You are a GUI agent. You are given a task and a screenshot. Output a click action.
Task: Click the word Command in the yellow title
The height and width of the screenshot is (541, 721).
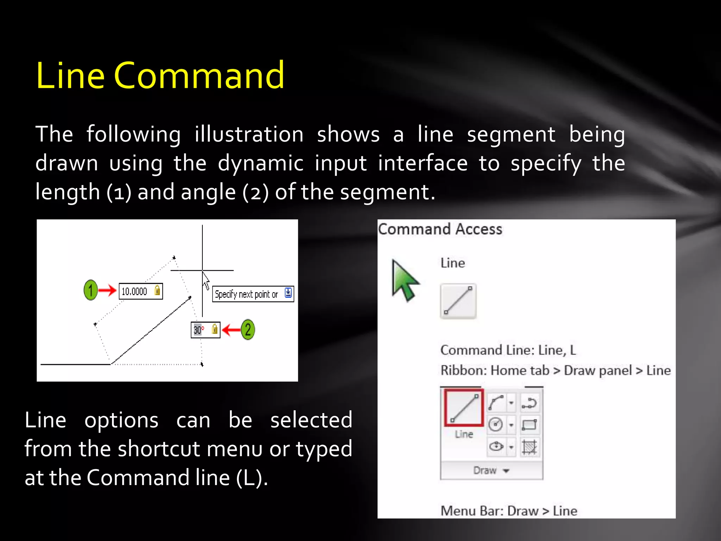pyautogui.click(x=199, y=75)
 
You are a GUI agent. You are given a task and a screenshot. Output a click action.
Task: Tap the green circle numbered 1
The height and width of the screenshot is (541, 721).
pyautogui.click(x=90, y=290)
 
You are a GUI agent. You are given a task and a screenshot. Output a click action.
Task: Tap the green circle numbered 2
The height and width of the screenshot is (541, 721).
pyautogui.click(x=248, y=330)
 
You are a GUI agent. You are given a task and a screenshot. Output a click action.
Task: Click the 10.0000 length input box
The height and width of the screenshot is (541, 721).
pyautogui.click(x=140, y=291)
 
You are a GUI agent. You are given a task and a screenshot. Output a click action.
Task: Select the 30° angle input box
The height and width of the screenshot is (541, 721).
pyautogui.click(x=205, y=330)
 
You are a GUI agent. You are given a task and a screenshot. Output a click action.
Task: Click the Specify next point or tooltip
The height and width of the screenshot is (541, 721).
pyautogui.click(x=252, y=294)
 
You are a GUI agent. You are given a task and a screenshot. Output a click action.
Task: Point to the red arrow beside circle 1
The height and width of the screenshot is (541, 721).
pyautogui.click(x=107, y=290)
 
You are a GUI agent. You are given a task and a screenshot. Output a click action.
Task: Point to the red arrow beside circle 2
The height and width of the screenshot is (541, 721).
pyautogui.click(x=231, y=330)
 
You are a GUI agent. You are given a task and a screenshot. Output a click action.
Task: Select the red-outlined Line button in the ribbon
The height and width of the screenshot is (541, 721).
pyautogui.click(x=464, y=408)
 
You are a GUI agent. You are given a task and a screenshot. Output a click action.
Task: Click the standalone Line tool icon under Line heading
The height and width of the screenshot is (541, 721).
pyautogui.click(x=458, y=301)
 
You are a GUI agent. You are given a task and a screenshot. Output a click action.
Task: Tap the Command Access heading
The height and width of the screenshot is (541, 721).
pyautogui.click(x=440, y=229)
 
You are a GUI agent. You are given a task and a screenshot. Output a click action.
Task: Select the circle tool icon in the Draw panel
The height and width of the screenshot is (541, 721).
pyautogui.click(x=496, y=424)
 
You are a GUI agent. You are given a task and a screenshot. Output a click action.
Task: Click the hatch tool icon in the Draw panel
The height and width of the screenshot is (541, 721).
pyautogui.click(x=529, y=447)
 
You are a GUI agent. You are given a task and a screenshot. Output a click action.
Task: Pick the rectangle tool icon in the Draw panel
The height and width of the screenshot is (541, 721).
pyautogui.click(x=529, y=424)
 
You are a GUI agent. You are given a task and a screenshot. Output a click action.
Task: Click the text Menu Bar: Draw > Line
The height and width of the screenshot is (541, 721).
pyautogui.click(x=509, y=511)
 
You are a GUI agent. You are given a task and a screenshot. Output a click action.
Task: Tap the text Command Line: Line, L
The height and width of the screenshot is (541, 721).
pyautogui.click(x=508, y=350)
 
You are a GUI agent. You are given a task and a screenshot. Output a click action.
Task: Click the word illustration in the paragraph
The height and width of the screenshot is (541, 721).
pyautogui.click(x=249, y=134)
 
